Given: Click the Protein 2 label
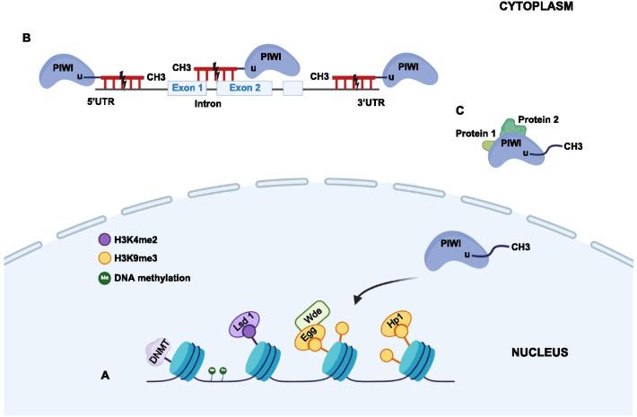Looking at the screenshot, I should (x=537, y=121).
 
